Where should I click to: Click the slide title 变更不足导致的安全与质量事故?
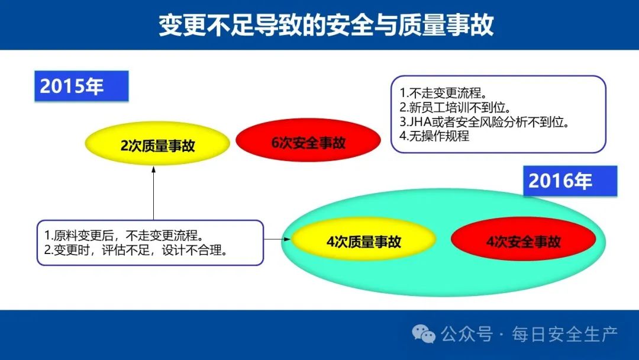(x=326, y=24)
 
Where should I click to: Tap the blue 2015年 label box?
(x=82, y=86)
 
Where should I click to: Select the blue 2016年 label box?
(x=570, y=181)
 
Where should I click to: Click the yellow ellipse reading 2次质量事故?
(x=157, y=143)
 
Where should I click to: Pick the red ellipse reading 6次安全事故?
(x=308, y=141)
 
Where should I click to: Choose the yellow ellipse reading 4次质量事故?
(x=363, y=240)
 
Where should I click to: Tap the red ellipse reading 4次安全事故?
(x=523, y=240)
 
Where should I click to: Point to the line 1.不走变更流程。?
(x=443, y=93)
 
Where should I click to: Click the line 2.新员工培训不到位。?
(x=455, y=107)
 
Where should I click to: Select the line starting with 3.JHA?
(x=485, y=121)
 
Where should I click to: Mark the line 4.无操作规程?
(x=434, y=136)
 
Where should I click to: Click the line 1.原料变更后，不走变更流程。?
(x=124, y=235)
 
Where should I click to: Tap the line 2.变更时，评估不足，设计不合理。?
(x=135, y=250)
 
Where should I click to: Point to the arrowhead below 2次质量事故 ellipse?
(x=154, y=169)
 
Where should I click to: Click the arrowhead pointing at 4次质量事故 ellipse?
(x=287, y=239)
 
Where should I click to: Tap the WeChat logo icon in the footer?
(x=424, y=334)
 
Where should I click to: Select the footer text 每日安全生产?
(x=565, y=335)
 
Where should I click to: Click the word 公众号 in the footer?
(x=467, y=335)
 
